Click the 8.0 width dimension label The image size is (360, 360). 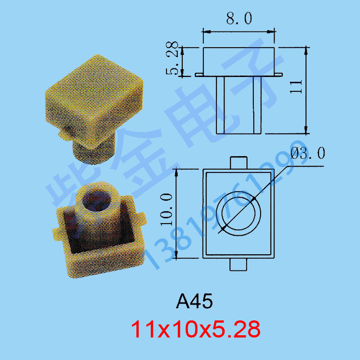239,18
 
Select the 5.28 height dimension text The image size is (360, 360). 172,58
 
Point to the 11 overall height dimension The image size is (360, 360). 296,86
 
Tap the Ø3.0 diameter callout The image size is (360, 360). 308,153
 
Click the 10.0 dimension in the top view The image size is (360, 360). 166,209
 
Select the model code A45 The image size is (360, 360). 194,301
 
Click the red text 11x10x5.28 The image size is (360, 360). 196,329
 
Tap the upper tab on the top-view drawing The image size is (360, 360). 238,163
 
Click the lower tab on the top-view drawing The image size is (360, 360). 238,265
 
